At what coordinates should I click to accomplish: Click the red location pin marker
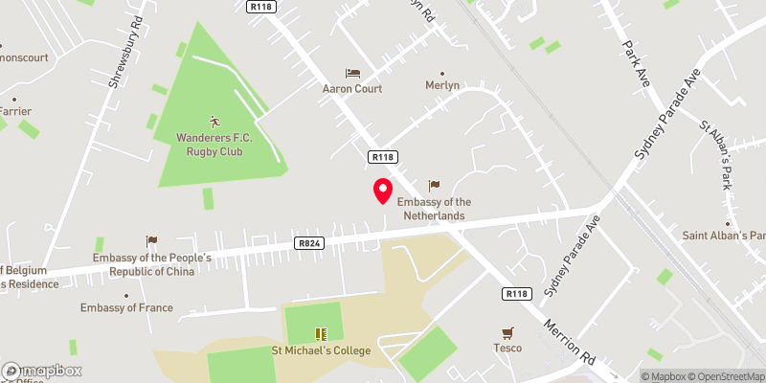pos(382,191)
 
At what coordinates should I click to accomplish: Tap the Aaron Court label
pos(351,89)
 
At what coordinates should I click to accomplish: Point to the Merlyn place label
pos(442,86)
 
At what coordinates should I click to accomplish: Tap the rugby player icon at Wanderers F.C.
pos(214,122)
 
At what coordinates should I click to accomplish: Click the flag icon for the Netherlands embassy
pos(434,185)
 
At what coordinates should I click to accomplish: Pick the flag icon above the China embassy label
pos(150,241)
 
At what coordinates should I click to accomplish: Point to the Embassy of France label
pos(126,308)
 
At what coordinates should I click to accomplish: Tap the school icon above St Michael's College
pos(321,334)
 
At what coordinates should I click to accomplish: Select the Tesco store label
pos(507,349)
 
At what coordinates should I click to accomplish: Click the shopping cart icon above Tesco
pos(507,332)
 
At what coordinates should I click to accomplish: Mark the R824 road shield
pos(308,243)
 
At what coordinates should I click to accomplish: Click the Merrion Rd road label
pos(570,341)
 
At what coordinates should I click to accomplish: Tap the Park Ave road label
pos(636,63)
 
